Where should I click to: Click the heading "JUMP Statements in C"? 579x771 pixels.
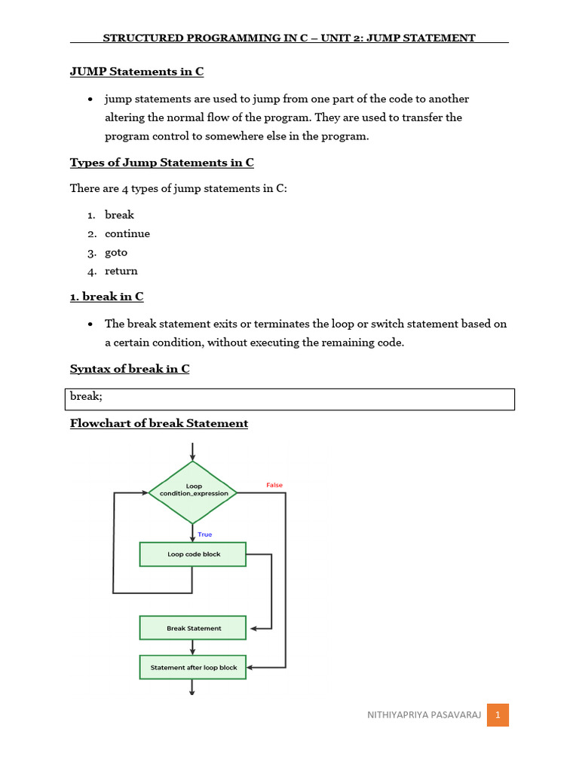click(x=136, y=72)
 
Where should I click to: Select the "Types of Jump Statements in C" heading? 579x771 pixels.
click(x=161, y=163)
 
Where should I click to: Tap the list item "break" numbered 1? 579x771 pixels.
click(x=119, y=215)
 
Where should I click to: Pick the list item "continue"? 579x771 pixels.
click(x=127, y=233)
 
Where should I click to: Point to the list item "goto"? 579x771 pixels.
click(x=116, y=252)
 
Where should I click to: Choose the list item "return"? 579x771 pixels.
click(x=121, y=271)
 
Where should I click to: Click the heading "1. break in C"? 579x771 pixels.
click(x=106, y=297)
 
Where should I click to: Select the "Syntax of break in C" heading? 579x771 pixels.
click(x=130, y=369)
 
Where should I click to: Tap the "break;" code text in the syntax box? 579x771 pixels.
click(x=86, y=396)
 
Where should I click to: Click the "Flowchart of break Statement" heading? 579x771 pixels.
click(x=159, y=423)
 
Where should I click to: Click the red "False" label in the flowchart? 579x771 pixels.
click(x=274, y=486)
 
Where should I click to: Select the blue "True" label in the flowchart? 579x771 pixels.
click(x=205, y=535)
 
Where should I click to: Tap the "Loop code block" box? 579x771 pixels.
click(x=193, y=554)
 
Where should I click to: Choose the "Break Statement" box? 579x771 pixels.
click(x=193, y=628)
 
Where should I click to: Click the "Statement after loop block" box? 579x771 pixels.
click(x=193, y=667)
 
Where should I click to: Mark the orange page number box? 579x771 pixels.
click(x=498, y=715)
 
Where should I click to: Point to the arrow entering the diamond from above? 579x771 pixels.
click(x=194, y=452)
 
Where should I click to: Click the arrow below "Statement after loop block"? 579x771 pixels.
click(x=193, y=687)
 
